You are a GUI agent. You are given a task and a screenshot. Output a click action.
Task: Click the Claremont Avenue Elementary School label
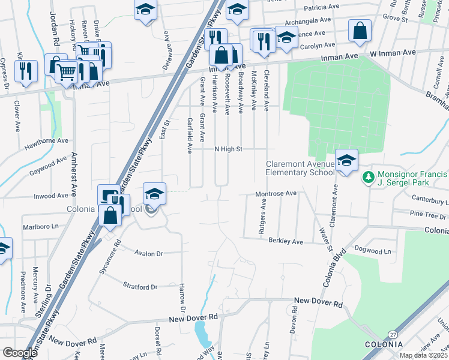(300, 168)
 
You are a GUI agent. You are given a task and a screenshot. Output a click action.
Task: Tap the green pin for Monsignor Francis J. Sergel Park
(367, 177)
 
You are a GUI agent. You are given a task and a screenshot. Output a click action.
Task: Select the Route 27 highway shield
(392, 334)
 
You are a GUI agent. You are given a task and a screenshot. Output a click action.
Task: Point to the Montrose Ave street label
(276, 194)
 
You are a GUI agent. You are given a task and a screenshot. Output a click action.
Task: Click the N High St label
(228, 149)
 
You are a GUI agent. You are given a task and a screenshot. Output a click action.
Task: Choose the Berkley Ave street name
(285, 241)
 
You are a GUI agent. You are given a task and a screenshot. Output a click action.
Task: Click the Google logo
(20, 353)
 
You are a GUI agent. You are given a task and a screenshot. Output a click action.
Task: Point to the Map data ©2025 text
(423, 355)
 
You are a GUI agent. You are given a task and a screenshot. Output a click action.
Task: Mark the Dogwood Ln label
(373, 251)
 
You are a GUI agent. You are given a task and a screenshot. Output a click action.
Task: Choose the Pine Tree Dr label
(427, 214)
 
